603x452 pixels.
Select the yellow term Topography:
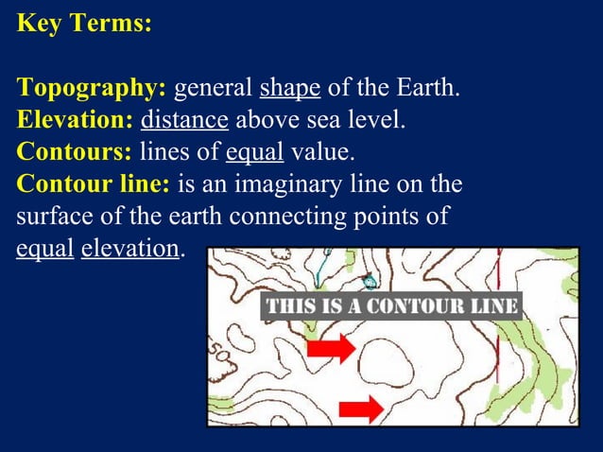click(92, 90)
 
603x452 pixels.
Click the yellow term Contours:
click(74, 151)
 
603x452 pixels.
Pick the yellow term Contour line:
click(92, 183)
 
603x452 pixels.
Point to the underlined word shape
click(290, 90)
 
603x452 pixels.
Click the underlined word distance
click(184, 121)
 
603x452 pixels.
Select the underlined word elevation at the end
click(129, 247)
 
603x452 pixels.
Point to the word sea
click(317, 121)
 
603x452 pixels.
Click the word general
click(214, 90)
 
